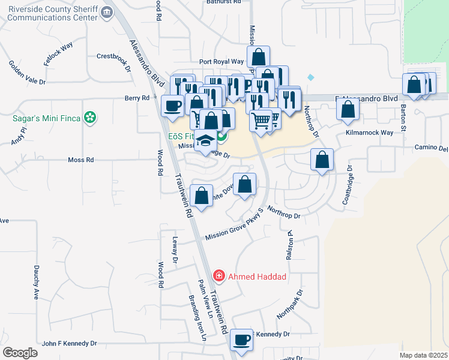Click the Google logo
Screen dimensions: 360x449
tap(20, 353)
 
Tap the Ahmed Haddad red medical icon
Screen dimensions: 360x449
tap(219, 276)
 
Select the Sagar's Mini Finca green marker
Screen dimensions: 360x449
tap(91, 118)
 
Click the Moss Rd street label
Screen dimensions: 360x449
tap(81, 160)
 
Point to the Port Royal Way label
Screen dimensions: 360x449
tap(221, 61)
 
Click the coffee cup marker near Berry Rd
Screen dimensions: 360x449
tap(173, 106)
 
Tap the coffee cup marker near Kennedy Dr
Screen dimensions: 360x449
tap(242, 340)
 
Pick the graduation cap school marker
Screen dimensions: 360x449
tap(206, 140)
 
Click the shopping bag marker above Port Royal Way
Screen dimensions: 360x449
tap(258, 58)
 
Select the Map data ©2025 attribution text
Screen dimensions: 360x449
tap(423, 355)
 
